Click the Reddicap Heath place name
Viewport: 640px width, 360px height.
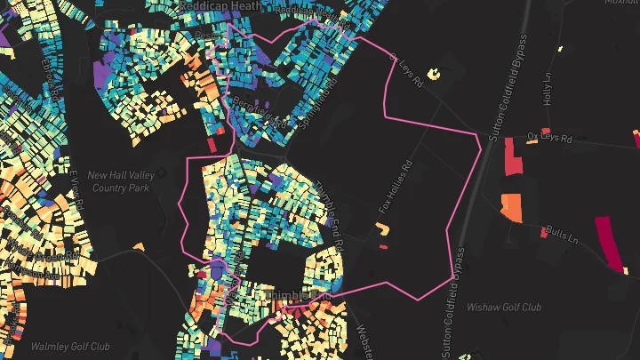click(220, 5)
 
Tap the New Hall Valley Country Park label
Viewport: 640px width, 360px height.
click(122, 181)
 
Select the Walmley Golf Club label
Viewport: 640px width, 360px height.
click(70, 347)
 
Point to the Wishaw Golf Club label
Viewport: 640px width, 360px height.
click(504, 308)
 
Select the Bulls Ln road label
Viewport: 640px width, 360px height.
click(563, 238)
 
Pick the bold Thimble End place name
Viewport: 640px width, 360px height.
click(292, 295)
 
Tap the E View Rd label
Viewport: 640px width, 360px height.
click(76, 189)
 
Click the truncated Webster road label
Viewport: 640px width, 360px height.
click(364, 340)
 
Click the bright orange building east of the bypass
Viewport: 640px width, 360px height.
click(511, 207)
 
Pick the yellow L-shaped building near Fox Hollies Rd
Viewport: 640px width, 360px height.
click(384, 229)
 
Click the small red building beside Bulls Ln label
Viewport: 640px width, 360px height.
click(545, 232)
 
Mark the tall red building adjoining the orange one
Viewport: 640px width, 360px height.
click(514, 159)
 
